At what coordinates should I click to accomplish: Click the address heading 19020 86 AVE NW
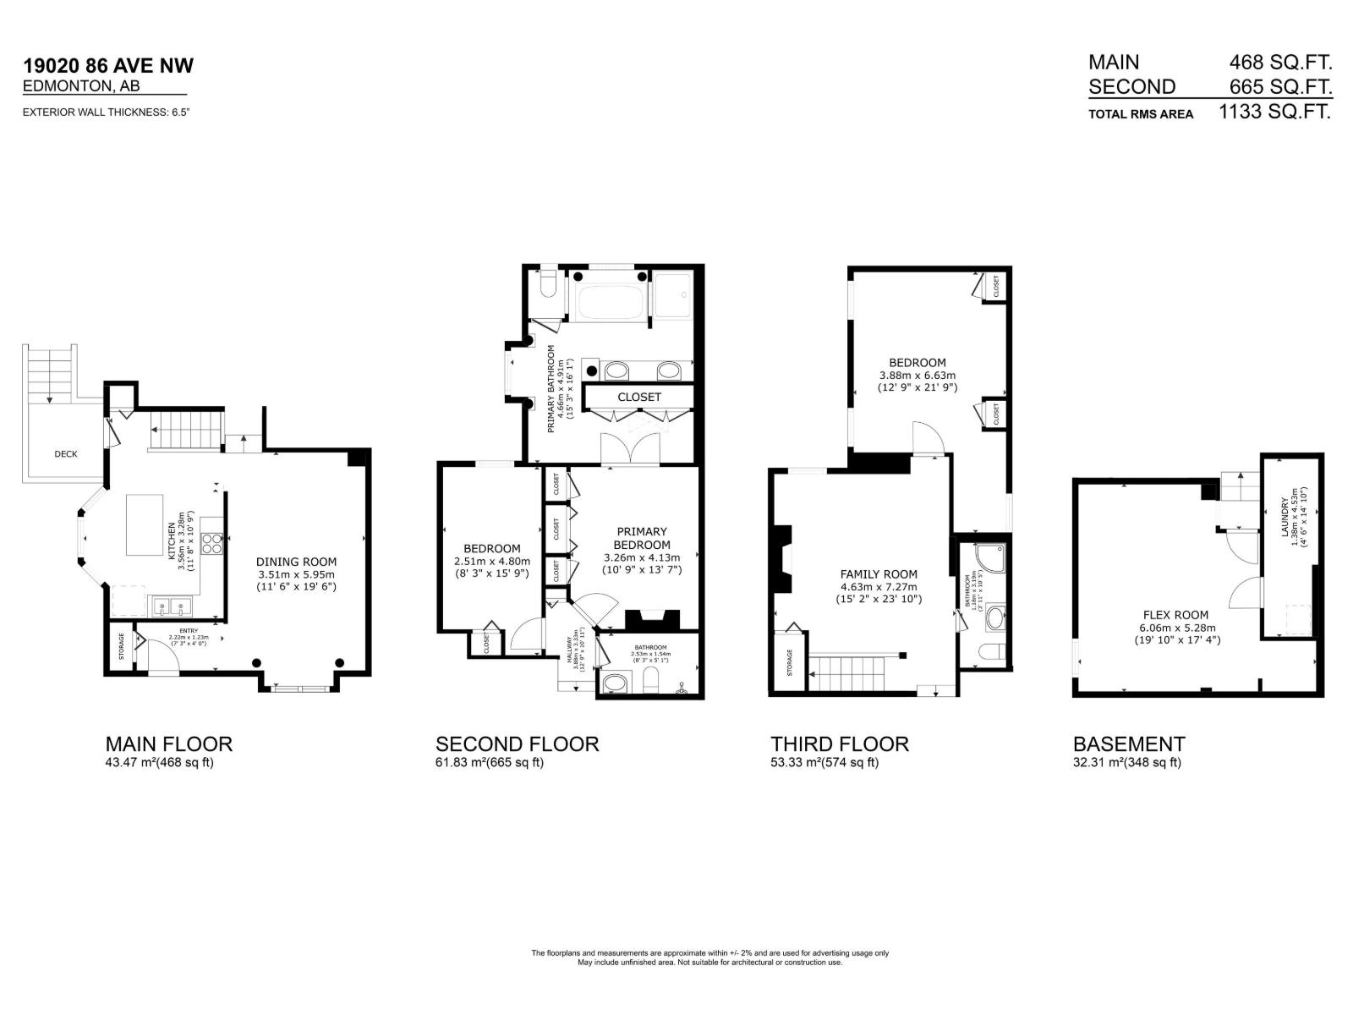(x=108, y=66)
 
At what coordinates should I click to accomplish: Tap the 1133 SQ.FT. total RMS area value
(x=1274, y=112)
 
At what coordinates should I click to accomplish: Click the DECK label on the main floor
(x=66, y=454)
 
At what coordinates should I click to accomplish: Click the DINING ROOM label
(x=296, y=562)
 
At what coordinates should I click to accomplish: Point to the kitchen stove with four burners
(x=212, y=543)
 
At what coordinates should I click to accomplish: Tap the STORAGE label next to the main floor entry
(x=122, y=646)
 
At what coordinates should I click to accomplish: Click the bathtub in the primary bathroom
(x=608, y=296)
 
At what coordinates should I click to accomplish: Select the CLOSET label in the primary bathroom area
(x=638, y=397)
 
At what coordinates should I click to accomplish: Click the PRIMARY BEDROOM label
(x=642, y=539)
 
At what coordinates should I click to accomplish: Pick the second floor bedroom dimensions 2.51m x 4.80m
(x=491, y=561)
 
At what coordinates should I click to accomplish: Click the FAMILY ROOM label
(x=879, y=574)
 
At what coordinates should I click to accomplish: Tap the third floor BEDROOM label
(x=917, y=363)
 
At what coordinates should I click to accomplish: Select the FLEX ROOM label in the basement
(x=1175, y=615)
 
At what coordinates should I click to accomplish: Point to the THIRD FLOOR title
(x=839, y=744)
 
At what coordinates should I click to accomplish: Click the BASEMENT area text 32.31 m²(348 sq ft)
(x=1126, y=762)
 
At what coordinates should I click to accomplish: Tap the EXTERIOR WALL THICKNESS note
(x=106, y=112)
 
